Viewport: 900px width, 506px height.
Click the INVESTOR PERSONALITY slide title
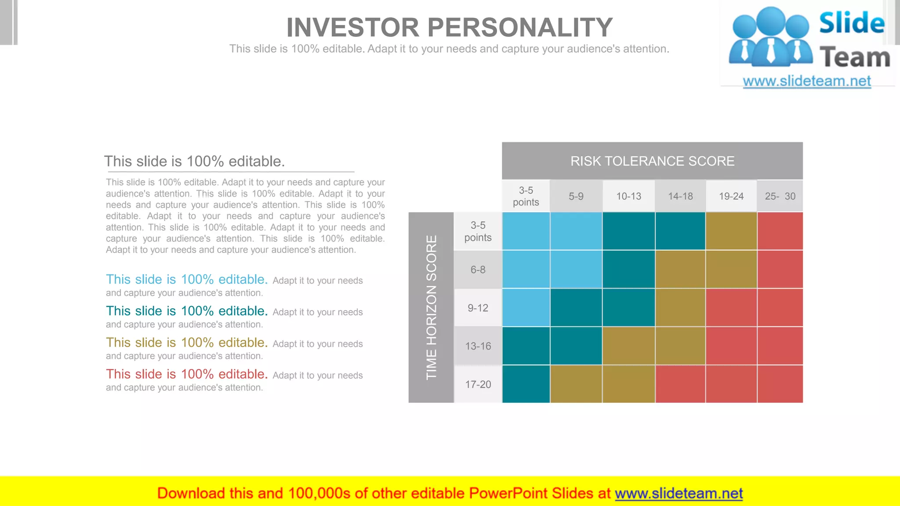449,27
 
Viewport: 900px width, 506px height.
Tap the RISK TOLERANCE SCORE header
652,161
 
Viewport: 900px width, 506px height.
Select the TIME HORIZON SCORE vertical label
431,307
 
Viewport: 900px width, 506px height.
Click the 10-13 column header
628,196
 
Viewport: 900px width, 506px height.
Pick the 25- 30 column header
780,196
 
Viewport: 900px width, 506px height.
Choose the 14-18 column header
680,196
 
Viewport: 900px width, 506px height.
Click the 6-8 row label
478,270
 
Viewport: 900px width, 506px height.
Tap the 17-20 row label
478,384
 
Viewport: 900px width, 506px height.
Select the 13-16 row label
478,346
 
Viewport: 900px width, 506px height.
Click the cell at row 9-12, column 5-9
576,307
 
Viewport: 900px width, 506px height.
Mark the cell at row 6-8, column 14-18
680,269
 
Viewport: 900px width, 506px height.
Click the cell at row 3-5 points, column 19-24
731,231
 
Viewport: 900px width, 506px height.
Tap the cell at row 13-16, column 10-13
628,346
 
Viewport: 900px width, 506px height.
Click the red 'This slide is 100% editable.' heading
187,374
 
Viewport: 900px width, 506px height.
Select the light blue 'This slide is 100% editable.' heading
187,279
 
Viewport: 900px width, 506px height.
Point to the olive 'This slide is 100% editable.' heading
187,343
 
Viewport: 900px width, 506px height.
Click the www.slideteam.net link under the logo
807,81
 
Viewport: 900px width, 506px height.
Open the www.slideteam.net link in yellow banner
679,494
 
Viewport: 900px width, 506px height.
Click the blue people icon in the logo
771,37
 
